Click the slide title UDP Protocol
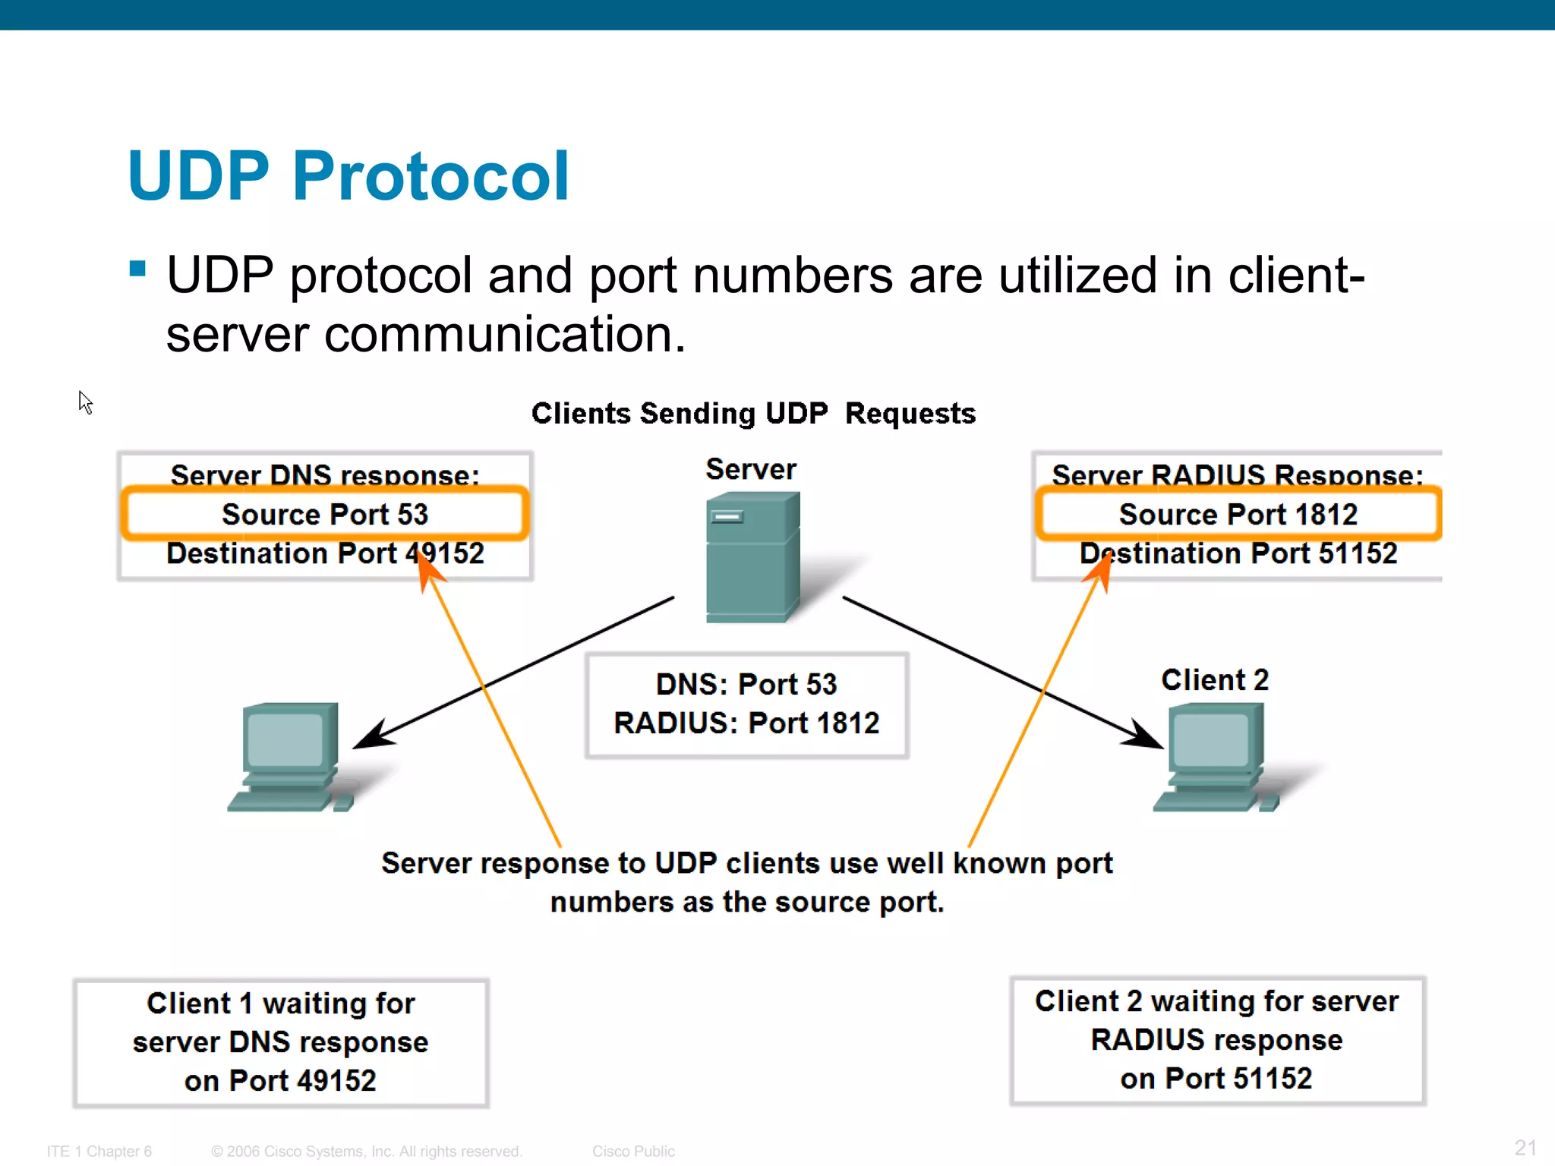tap(348, 176)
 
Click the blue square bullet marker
tap(137, 269)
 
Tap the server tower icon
tap(752, 558)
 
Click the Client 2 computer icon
tap(1215, 756)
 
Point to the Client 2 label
tap(1214, 679)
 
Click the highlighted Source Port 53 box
tap(324, 514)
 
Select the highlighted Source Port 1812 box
tap(1238, 514)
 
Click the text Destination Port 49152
tap(325, 553)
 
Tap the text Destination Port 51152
tap(1238, 553)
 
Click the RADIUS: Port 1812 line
tap(746, 723)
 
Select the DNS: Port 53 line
tap(746, 684)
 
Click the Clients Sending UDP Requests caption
tap(753, 413)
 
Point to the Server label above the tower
tap(751, 469)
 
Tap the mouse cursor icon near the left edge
tap(85, 402)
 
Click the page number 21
tap(1525, 1147)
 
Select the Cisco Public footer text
tap(633, 1151)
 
